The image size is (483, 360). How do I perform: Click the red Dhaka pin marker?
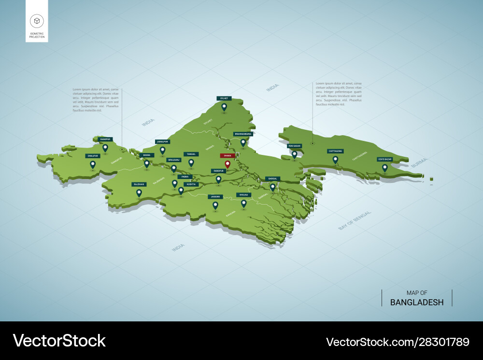tap(227, 164)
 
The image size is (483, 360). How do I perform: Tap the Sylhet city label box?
tap(224, 98)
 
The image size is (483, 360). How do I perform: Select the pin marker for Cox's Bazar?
tap(385, 168)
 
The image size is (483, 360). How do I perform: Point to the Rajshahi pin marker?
tap(139, 193)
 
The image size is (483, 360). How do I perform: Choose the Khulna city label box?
tap(243, 195)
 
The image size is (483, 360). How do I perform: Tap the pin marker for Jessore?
tap(215, 206)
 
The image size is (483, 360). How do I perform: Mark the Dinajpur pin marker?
tap(93, 165)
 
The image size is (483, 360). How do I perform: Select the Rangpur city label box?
tap(105, 139)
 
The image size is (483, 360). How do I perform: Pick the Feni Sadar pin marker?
tap(294, 154)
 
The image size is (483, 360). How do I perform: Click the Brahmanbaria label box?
tap(243, 134)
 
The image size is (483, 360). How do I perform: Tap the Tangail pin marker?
tap(191, 163)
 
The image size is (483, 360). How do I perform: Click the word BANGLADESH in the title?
tap(417, 303)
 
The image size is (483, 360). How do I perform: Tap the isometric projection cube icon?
tap(37, 21)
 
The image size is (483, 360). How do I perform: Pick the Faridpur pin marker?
tap(218, 180)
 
